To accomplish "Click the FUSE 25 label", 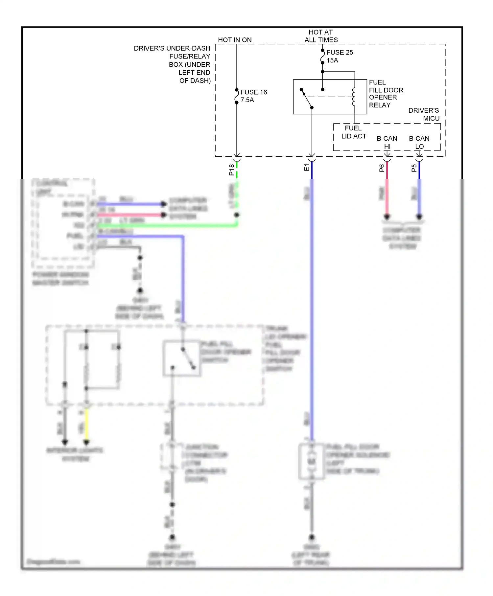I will (x=340, y=53).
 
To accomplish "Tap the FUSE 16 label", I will (x=253, y=92).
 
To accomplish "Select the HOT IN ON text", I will (x=235, y=40).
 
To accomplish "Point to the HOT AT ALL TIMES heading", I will (x=321, y=36).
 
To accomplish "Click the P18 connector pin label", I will (x=232, y=170).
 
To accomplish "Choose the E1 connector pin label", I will (x=307, y=168).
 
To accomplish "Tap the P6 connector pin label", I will (x=382, y=168).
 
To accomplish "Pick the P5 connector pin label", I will (x=414, y=168).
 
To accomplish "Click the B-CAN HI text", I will (x=387, y=142).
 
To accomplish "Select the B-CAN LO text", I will (x=419, y=142).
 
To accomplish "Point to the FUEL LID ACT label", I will (x=353, y=132).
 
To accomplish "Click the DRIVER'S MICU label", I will (x=424, y=114).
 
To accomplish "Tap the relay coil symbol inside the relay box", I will (x=354, y=97).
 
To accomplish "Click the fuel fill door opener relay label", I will (x=385, y=94).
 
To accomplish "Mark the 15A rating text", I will (x=332, y=60).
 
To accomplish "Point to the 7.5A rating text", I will (x=247, y=100).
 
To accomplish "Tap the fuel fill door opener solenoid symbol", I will (x=311, y=462).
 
